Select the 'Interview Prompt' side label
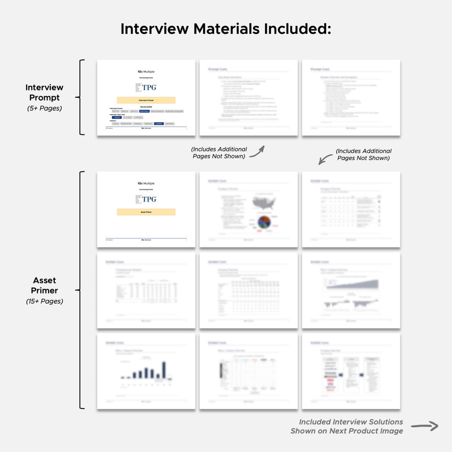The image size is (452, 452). tap(44, 93)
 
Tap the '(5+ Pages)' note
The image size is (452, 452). tap(44, 108)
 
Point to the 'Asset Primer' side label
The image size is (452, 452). tap(44, 285)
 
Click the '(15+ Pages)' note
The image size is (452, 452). tap(44, 301)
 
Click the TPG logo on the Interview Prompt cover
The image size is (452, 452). tap(146, 88)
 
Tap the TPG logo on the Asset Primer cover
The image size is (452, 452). tap(146, 199)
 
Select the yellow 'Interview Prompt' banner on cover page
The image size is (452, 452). tap(146, 100)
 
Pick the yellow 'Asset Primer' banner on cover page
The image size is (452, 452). tap(146, 212)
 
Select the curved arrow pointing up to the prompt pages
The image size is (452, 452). tap(257, 151)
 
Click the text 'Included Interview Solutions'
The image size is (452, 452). tap(351, 422)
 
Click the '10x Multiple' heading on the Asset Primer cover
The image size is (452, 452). tap(146, 184)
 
